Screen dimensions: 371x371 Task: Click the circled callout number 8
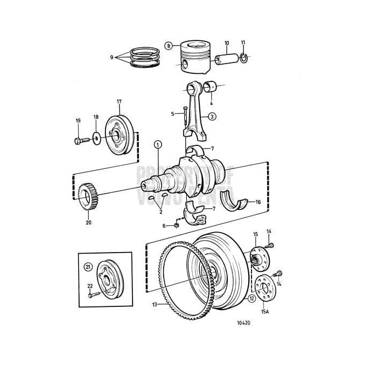169,46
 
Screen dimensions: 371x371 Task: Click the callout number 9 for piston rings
112,57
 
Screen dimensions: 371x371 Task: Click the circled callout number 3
212,116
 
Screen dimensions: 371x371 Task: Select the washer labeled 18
95,138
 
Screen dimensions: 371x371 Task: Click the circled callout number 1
158,144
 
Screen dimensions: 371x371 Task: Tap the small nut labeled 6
177,224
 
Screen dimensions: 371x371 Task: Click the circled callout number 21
88,266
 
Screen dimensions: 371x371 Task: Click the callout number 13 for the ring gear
155,305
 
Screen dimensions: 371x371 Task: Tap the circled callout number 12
251,297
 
